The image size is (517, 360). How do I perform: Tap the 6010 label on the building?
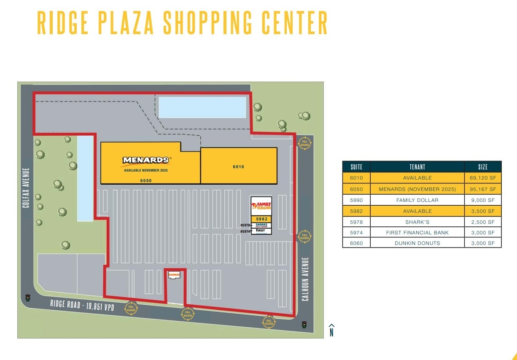coord(238,167)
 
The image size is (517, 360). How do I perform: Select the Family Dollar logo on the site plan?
coord(261,206)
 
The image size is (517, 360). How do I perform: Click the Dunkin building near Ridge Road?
coord(174,275)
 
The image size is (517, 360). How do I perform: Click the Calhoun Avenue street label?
coord(305,279)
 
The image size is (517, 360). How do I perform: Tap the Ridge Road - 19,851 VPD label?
coord(82,306)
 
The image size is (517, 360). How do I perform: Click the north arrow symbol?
coord(331,330)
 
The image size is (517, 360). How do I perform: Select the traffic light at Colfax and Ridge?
coord(28,298)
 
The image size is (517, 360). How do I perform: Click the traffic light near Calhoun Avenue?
coord(304,325)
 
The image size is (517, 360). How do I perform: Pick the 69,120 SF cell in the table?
coord(483,178)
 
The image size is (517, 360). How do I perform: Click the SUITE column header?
coord(356,167)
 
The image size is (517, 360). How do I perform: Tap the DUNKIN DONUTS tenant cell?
coord(417,243)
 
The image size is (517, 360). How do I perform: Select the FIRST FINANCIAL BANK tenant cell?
coord(417,232)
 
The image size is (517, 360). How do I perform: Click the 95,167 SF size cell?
coord(483,189)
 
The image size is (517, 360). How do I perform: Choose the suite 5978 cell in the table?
coord(356,222)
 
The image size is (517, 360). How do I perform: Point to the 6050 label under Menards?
coord(146,180)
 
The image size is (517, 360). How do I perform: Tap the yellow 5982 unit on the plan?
coord(261,219)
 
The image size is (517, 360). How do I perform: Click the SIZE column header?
coord(483,167)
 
